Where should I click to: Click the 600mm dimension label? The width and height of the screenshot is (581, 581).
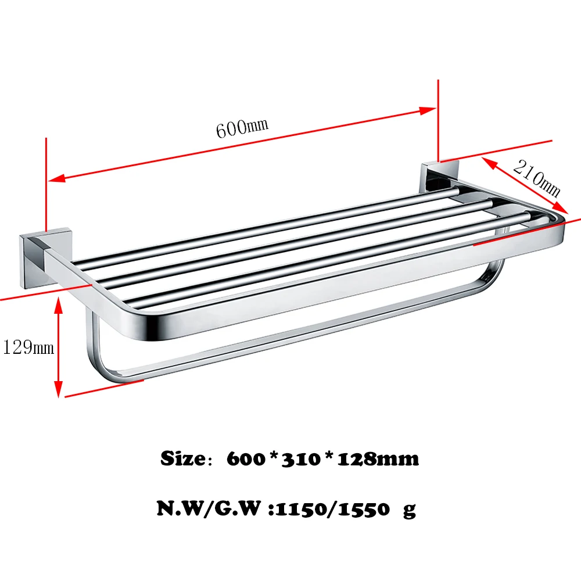[242, 128]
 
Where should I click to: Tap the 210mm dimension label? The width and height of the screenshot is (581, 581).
[537, 178]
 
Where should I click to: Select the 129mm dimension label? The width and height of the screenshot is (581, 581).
[28, 348]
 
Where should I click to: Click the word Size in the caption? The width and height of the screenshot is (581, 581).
[183, 459]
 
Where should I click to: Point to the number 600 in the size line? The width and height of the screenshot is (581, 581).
[246, 459]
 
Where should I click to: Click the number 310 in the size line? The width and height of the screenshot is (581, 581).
[301, 459]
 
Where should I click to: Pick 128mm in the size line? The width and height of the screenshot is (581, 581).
[378, 459]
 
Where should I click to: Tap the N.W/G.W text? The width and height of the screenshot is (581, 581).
[209, 508]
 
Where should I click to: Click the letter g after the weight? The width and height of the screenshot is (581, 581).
[410, 511]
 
